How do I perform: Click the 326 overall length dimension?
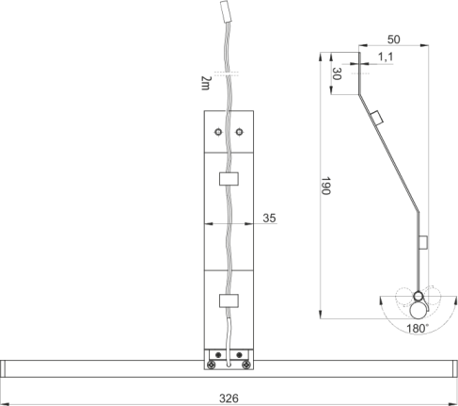(229, 398)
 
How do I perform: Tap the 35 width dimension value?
(269, 218)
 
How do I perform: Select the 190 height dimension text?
(326, 186)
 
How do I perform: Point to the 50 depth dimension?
(394, 40)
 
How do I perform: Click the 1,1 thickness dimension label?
(386, 57)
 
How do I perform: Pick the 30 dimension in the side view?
(337, 73)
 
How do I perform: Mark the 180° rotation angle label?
(418, 329)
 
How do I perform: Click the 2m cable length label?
(206, 83)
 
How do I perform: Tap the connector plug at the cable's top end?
(227, 11)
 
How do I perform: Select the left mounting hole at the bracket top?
(218, 132)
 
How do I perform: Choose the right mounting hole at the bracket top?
(239, 132)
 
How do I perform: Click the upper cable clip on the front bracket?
(229, 179)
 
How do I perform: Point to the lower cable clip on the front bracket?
(229, 300)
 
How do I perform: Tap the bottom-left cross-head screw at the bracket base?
(211, 365)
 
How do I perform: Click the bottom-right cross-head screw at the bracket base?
(246, 365)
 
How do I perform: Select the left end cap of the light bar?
(3, 368)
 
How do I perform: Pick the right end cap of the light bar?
(455, 368)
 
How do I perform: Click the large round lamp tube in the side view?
(419, 310)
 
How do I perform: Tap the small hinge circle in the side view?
(419, 296)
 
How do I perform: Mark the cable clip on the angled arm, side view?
(377, 118)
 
